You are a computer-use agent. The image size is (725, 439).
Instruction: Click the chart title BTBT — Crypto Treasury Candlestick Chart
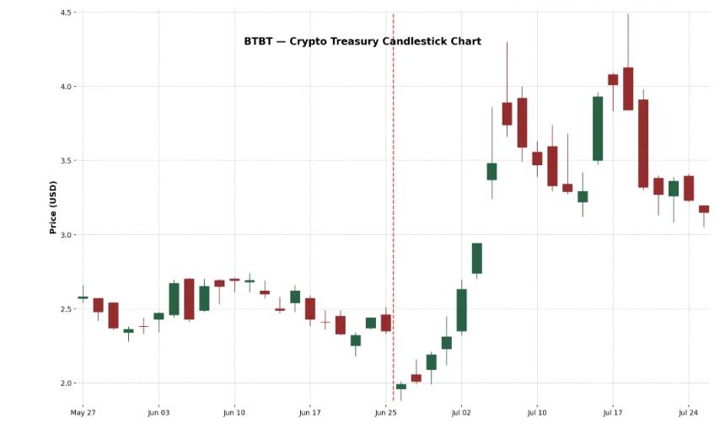point(362,41)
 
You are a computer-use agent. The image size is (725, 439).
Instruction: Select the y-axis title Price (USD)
point(53,207)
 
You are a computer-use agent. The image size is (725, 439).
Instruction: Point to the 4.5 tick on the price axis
point(67,13)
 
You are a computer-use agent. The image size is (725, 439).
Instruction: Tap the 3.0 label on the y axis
point(67,235)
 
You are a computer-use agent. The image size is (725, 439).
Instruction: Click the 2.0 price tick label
point(67,383)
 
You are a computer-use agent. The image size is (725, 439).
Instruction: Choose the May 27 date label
point(83,413)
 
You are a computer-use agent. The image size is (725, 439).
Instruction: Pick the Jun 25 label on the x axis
point(385,413)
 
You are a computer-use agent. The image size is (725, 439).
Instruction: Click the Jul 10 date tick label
point(537,413)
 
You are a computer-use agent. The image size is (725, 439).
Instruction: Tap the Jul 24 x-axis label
point(688,413)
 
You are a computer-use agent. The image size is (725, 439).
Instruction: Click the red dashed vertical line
point(393,211)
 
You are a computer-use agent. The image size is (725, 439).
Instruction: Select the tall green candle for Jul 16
point(598,128)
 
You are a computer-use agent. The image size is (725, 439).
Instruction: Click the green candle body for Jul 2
point(462,310)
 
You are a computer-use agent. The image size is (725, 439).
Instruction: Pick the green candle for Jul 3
point(477,258)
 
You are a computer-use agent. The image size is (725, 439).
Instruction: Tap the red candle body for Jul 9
point(522,123)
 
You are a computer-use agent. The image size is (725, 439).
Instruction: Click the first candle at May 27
point(83,297)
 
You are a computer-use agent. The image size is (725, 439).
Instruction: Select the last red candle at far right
point(704,209)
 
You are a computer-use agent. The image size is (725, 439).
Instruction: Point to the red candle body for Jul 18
point(628,88)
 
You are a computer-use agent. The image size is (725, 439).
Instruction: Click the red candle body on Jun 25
point(386,323)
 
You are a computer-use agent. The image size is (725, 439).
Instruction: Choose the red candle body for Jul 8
point(507,114)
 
